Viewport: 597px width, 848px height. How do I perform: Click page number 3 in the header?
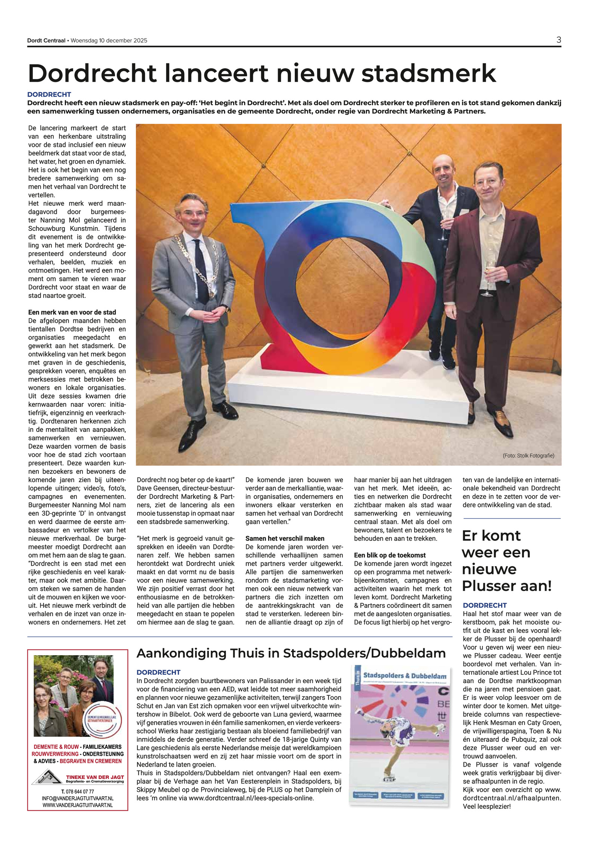pos(558,40)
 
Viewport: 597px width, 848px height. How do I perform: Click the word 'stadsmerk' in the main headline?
pos(428,73)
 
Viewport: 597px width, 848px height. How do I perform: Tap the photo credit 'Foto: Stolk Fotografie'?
pos(528,455)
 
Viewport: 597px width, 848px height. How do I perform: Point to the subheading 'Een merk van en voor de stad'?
pos(72,312)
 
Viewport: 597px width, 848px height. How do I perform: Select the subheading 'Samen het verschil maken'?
pos(285,538)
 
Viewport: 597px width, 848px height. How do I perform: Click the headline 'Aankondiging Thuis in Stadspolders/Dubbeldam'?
pos(291,653)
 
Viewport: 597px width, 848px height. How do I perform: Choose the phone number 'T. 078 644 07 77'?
pos(77,791)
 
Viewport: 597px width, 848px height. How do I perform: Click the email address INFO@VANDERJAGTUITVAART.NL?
pos(77,798)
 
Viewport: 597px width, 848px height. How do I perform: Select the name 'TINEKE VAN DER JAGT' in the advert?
pos(95,777)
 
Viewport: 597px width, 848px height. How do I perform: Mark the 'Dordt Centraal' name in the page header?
pos(46,41)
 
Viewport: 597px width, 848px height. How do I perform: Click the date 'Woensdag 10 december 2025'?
pos(109,41)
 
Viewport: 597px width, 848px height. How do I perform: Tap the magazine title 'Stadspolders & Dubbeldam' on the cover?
pos(404,676)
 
